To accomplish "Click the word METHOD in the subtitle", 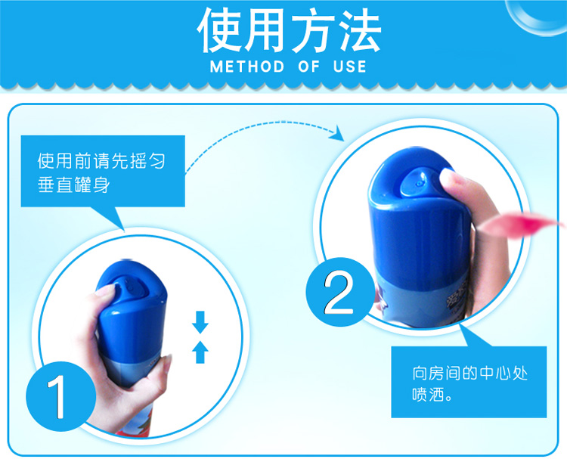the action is [247, 67].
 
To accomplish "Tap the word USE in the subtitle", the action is [350, 67].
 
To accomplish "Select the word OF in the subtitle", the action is [309, 67].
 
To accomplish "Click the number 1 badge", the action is [60, 396].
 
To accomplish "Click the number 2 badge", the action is [340, 292].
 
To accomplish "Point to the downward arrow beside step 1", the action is [200, 322].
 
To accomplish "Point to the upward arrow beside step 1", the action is [200, 352].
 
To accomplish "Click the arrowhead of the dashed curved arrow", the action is [336, 134].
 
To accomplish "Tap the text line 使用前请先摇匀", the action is [101, 161].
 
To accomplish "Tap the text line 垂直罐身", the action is [74, 185].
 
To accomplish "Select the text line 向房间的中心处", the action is [470, 374].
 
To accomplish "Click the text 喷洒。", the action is [432, 395].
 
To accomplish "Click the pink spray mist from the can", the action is [521, 225].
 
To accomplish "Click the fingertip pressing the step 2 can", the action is [451, 180].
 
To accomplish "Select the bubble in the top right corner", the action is [537, 17].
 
